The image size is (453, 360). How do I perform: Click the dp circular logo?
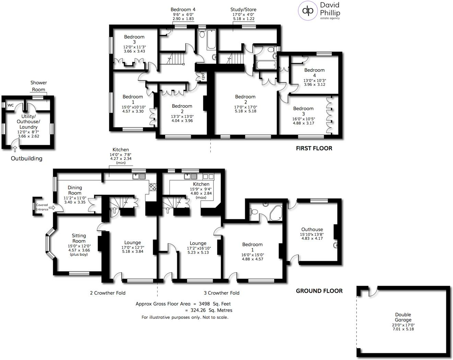click(x=308, y=11)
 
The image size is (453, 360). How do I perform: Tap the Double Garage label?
click(x=403, y=317)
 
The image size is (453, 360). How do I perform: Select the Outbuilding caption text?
click(x=26, y=159)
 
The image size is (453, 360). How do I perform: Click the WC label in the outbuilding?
click(x=11, y=105)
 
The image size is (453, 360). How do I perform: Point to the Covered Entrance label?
click(x=42, y=207)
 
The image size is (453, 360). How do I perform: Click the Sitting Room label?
click(x=79, y=238)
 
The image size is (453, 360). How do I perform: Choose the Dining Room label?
click(x=75, y=190)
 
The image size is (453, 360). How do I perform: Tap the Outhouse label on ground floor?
click(x=312, y=229)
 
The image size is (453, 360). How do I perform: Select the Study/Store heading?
click(x=243, y=10)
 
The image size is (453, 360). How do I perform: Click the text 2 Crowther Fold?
click(x=108, y=293)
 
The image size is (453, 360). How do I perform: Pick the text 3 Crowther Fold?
click(x=222, y=293)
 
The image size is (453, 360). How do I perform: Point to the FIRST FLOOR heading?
click(x=314, y=148)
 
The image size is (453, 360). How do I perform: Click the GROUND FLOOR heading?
click(x=319, y=291)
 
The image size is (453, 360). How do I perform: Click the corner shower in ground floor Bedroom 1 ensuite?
click(x=276, y=213)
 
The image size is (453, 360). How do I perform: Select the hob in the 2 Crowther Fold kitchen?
click(x=153, y=187)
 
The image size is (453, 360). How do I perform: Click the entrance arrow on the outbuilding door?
click(x=15, y=148)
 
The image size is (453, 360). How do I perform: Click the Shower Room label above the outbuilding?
click(x=38, y=86)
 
